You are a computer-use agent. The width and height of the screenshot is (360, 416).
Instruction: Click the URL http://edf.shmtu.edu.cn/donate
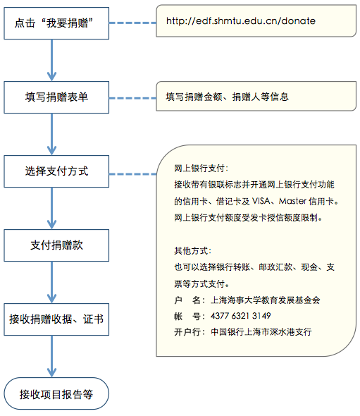tap(240, 21)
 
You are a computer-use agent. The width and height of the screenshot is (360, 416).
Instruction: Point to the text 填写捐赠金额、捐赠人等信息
tap(227, 97)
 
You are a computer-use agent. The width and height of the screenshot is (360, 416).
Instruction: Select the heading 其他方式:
tap(192, 251)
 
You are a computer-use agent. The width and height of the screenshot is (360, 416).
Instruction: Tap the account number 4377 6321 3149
tap(240, 315)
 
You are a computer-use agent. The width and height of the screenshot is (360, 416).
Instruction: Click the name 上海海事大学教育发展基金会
tap(265, 300)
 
